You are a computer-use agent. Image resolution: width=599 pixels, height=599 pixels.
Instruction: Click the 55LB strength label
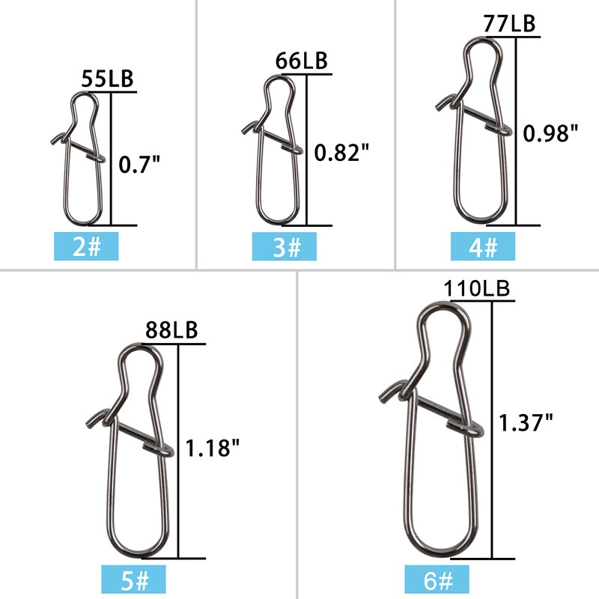pyautogui.click(x=107, y=79)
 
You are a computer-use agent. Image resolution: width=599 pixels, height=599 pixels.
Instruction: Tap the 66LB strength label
pyautogui.click(x=302, y=61)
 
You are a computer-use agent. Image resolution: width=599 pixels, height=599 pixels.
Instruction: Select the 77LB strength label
pyautogui.click(x=510, y=23)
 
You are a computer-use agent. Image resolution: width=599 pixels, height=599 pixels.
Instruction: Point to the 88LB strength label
pyautogui.click(x=171, y=330)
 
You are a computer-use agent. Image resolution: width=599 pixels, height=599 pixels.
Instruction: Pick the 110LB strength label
pyautogui.click(x=477, y=288)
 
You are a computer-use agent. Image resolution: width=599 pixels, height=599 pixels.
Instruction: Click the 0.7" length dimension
pyautogui.click(x=139, y=165)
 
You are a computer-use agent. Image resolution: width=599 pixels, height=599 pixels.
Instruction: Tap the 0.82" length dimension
pyautogui.click(x=342, y=153)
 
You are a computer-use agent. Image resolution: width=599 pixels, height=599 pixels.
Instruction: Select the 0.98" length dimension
pyautogui.click(x=550, y=133)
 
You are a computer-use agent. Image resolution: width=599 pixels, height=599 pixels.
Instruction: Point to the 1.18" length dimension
pyautogui.click(x=213, y=448)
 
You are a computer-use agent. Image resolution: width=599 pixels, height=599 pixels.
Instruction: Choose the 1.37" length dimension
pyautogui.click(x=526, y=423)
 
